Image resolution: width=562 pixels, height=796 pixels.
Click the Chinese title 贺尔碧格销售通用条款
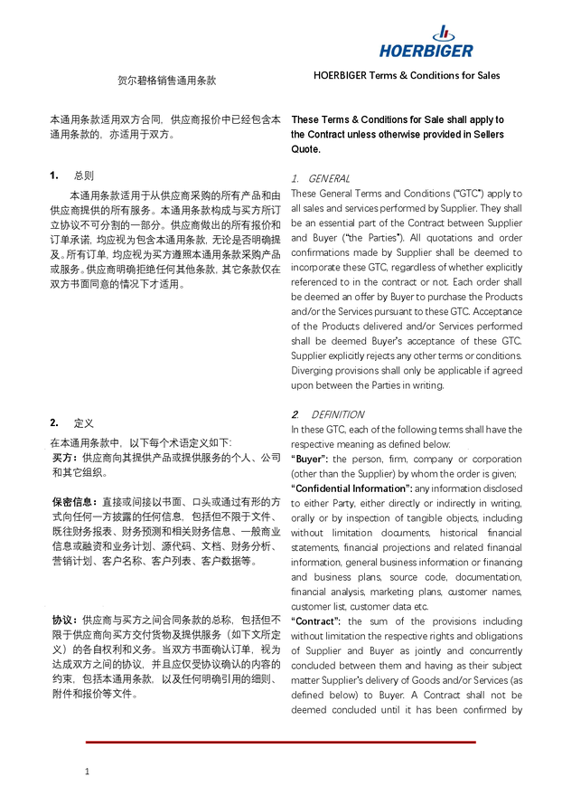click(169, 81)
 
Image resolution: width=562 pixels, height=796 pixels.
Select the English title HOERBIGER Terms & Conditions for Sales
click(407, 75)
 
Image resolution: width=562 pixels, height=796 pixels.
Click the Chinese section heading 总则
click(83, 175)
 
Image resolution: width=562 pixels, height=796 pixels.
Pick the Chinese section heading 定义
click(83, 422)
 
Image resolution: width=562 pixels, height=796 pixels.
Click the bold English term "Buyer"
click(313, 459)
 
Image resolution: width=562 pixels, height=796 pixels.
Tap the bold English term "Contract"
click(316, 621)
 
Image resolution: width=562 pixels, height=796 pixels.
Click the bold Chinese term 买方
click(63, 458)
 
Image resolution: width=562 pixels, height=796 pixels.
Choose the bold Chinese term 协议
click(63, 621)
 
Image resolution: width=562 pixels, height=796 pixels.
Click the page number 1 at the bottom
click(87, 771)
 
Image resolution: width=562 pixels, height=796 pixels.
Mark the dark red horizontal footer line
click(280, 742)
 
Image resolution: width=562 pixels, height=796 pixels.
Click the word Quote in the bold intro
click(305, 149)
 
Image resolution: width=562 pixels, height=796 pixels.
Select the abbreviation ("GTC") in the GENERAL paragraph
click(470, 194)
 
